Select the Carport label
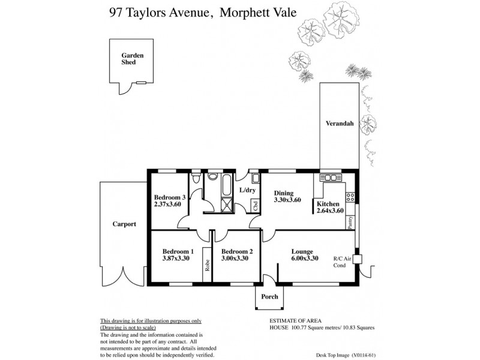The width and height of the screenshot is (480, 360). [124, 224]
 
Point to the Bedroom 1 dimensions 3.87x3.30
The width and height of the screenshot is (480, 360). [175, 259]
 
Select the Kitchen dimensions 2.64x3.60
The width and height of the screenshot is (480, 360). [329, 211]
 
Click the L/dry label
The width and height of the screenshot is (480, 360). [248, 190]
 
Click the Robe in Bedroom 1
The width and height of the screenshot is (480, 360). [208, 265]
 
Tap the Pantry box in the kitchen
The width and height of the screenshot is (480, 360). [350, 223]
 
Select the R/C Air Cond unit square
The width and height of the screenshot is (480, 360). [358, 259]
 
